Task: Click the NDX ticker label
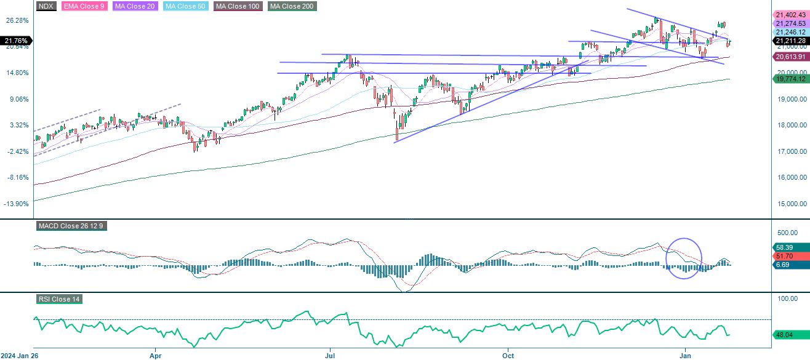tap(46, 6)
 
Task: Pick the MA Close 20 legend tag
tap(132, 6)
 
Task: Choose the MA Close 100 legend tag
tap(238, 6)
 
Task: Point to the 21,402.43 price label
tap(791, 14)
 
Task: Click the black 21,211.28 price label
tap(791, 41)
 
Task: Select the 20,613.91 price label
tap(791, 56)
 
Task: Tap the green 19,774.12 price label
tap(791, 78)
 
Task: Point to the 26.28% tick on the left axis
tap(17, 20)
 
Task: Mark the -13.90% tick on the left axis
tap(17, 204)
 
